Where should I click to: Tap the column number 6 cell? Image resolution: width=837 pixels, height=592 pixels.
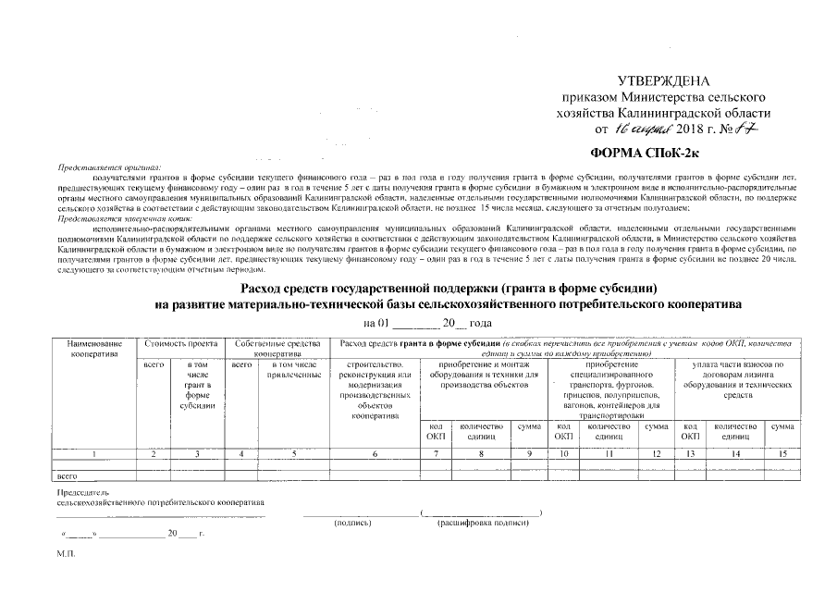375,454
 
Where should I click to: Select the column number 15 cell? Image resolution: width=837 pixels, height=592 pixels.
782,454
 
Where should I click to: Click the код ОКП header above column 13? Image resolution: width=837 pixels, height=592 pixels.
690,431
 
